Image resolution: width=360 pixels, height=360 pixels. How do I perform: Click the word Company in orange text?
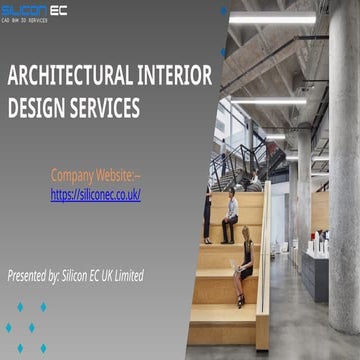(x=74, y=175)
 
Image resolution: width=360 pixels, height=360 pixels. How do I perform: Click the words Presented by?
(x=36, y=274)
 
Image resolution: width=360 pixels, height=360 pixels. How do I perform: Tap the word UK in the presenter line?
(x=121, y=274)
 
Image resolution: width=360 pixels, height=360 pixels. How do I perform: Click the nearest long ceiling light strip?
(x=272, y=19)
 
